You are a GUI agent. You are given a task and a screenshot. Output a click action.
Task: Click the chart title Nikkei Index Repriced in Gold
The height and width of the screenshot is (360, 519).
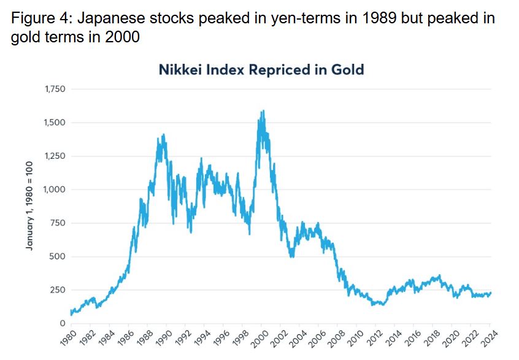[x=261, y=69]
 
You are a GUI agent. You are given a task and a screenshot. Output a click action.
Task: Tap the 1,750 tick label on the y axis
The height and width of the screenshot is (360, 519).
[x=55, y=90]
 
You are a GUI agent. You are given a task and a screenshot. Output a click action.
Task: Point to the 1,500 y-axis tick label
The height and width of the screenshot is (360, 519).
[x=55, y=123]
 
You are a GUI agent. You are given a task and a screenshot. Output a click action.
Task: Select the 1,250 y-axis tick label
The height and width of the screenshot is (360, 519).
[x=55, y=156]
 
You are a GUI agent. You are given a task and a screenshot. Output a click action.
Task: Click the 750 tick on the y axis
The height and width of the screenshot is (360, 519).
[x=57, y=223]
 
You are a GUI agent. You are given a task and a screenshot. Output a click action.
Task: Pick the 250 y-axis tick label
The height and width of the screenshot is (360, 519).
[x=57, y=290]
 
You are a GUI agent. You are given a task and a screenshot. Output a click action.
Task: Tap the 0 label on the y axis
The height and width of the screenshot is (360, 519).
[x=63, y=323]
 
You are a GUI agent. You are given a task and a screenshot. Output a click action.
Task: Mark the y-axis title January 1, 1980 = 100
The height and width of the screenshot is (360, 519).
[x=29, y=206]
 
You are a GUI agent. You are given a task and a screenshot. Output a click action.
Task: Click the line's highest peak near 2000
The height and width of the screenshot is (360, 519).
[x=263, y=111]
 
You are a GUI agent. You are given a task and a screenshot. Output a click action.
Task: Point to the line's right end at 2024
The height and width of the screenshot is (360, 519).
[x=491, y=293]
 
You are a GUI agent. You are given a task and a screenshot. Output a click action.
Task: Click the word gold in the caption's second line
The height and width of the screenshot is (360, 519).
[x=25, y=37]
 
